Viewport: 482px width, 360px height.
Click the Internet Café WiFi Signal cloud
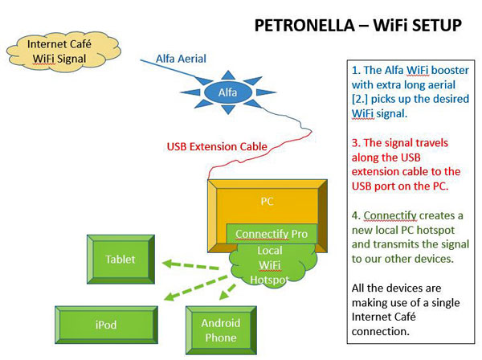(x=63, y=52)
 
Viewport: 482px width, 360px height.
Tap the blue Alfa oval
(x=228, y=92)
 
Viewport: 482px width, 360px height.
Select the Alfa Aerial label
(x=181, y=59)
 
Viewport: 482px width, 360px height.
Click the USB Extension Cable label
(x=217, y=146)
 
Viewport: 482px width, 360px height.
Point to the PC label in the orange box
(x=267, y=202)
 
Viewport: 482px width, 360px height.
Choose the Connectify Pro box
(x=272, y=234)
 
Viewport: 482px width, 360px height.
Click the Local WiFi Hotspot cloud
(x=271, y=265)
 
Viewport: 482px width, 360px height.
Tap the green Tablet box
(x=120, y=260)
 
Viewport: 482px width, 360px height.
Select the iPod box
(x=106, y=325)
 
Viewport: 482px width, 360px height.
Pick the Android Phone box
(x=221, y=330)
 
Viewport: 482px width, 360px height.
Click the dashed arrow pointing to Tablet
(x=190, y=265)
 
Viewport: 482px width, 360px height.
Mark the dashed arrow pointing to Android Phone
(x=227, y=292)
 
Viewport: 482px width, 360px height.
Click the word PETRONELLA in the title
(x=304, y=25)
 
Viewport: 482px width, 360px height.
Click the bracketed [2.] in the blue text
(x=360, y=100)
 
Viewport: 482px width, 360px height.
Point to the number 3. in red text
(x=356, y=143)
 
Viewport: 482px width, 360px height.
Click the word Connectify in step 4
(x=390, y=215)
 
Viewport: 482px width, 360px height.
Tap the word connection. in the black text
(x=381, y=331)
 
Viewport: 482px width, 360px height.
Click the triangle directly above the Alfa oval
(x=228, y=76)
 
